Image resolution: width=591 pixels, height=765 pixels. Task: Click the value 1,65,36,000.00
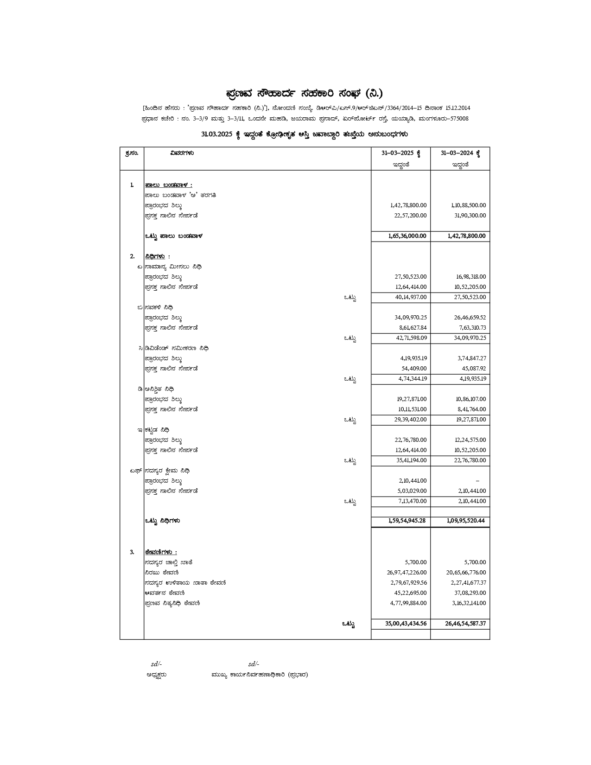tap(407, 236)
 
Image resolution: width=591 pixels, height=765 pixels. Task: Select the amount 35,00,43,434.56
tap(406, 624)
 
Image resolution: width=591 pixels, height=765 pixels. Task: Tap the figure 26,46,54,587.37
tap(465, 624)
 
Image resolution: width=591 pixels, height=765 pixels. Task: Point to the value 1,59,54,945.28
tap(407, 521)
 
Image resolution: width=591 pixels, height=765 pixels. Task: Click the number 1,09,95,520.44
tap(466, 521)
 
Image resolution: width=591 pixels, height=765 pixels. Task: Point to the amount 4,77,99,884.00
tap(408, 603)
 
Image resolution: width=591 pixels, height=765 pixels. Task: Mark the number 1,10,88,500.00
tap(469, 205)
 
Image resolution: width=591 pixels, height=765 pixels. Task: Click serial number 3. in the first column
tap(132, 552)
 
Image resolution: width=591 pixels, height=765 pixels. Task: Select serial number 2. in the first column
tap(132, 256)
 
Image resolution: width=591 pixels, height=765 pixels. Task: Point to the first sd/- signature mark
tap(156, 664)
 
